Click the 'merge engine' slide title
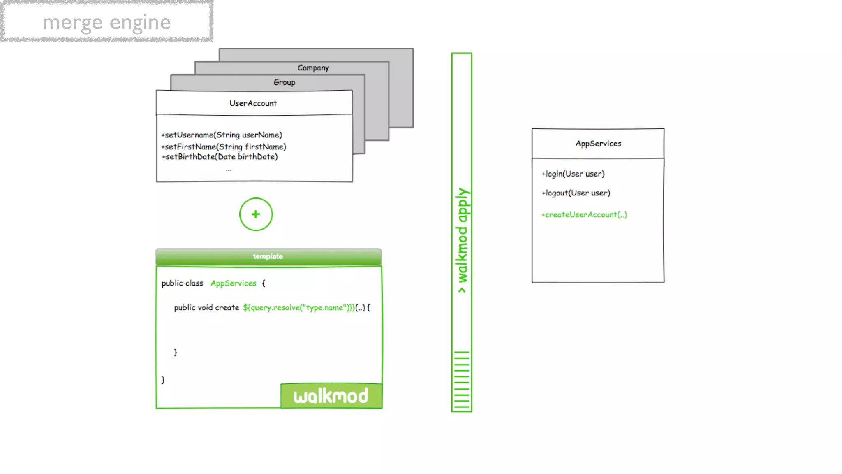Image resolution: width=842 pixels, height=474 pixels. [x=106, y=22]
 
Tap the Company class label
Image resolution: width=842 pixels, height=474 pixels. [x=313, y=68]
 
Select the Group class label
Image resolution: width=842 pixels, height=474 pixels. [x=285, y=82]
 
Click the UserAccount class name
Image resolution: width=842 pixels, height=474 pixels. [x=253, y=103]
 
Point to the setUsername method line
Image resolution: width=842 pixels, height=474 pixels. [x=222, y=135]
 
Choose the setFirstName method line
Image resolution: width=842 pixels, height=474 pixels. [x=224, y=147]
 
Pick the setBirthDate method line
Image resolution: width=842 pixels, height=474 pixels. [x=220, y=157]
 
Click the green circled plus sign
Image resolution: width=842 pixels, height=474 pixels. [x=256, y=214]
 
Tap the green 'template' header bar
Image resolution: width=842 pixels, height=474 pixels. [x=268, y=256]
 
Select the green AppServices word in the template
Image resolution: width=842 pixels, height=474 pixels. [x=233, y=283]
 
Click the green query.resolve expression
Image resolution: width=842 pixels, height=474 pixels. [x=298, y=308]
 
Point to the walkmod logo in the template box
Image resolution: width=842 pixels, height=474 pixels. [x=331, y=396]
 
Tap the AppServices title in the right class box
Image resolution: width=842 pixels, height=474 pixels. [x=598, y=144]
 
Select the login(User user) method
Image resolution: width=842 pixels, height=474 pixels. [x=573, y=174]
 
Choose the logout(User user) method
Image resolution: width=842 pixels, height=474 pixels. [x=576, y=193]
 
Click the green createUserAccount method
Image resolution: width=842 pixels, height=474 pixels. [x=584, y=215]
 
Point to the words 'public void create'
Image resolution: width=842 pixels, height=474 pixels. [x=206, y=308]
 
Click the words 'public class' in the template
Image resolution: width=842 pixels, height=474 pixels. [x=182, y=283]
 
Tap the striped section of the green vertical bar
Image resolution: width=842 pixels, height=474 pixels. [x=462, y=380]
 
